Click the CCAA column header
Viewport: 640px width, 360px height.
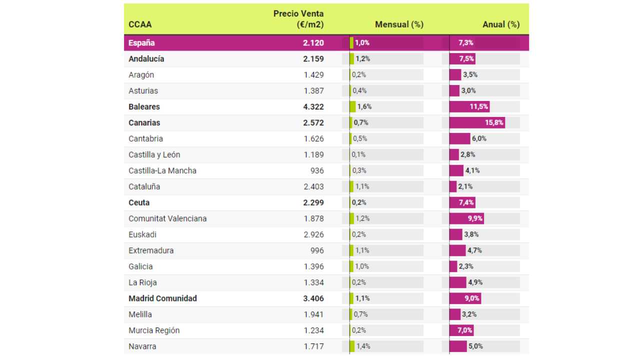140,24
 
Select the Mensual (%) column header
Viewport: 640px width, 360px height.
399,24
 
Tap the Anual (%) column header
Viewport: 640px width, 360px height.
501,24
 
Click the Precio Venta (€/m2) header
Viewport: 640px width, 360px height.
298,19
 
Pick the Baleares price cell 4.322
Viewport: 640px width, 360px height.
313,106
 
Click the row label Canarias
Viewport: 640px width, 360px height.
144,122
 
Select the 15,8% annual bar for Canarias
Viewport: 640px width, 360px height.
477,122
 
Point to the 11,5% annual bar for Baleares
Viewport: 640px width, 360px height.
469,106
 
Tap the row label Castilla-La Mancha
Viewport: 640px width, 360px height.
162,170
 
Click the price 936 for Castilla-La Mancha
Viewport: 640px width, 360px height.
316,170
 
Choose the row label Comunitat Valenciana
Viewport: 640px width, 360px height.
167,218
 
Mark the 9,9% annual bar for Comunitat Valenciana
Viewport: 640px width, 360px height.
466,218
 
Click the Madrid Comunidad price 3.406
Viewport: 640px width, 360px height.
313,298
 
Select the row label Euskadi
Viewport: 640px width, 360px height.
142,234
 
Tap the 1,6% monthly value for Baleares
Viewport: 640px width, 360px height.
364,106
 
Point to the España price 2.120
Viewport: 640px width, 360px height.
313,42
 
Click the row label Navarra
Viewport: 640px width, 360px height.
142,346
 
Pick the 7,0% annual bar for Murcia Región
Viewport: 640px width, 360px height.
461,330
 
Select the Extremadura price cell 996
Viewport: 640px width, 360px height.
316,250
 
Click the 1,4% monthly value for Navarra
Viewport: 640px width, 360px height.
363,346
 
